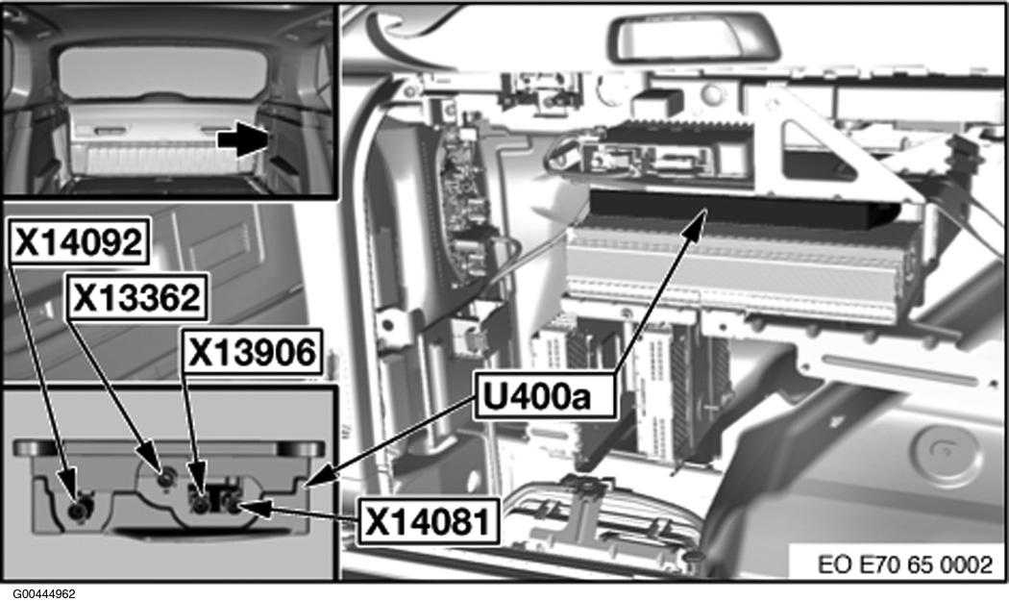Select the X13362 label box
(x=134, y=299)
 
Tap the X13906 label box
(x=252, y=354)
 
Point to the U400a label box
(x=543, y=396)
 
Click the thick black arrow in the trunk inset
(x=241, y=139)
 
